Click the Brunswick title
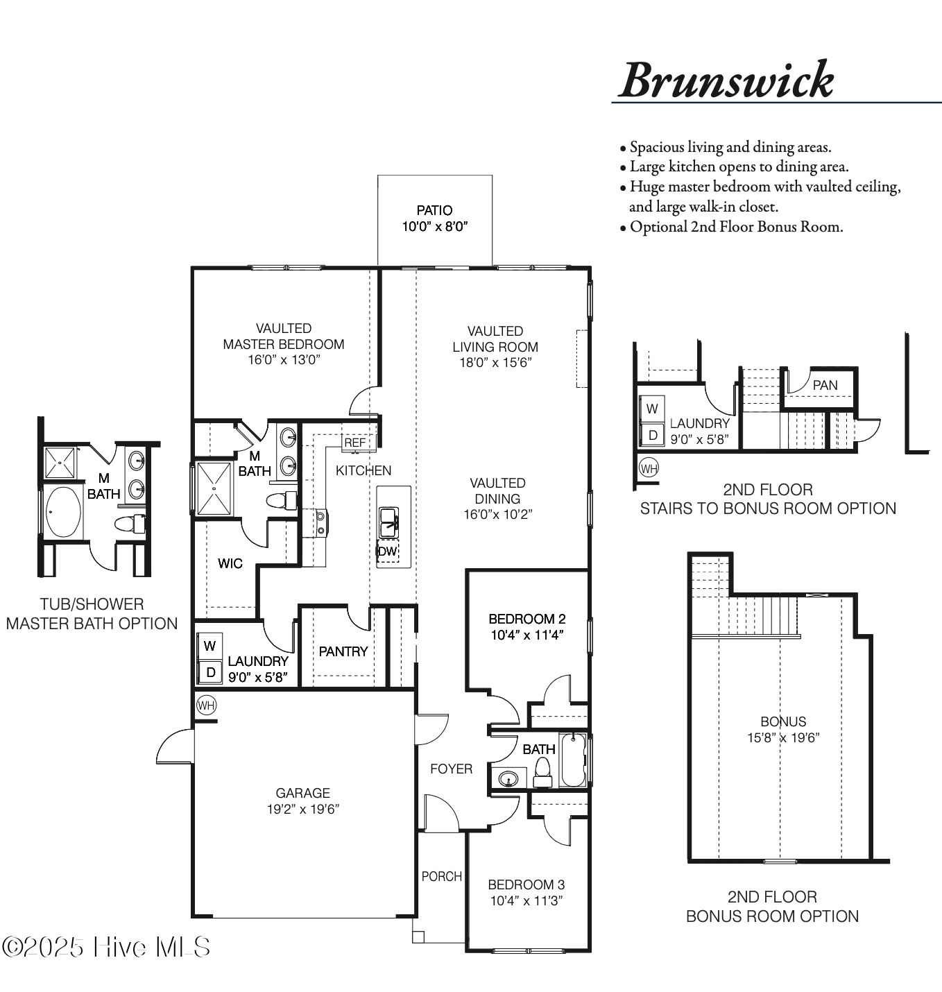click(726, 80)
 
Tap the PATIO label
click(434, 210)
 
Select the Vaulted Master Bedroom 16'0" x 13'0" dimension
click(284, 360)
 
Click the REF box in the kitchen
click(354, 443)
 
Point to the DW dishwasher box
click(387, 551)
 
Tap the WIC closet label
click(230, 563)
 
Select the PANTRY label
click(343, 651)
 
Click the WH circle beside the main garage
click(206, 705)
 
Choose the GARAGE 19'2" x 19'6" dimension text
click(302, 809)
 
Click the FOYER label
click(451, 769)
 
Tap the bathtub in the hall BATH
click(573, 760)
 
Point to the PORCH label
click(441, 876)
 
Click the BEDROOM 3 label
click(526, 884)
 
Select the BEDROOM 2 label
click(526, 619)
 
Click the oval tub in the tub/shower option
click(64, 512)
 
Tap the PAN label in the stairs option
click(825, 385)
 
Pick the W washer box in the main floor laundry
click(209, 645)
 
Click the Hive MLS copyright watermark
click(106, 947)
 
